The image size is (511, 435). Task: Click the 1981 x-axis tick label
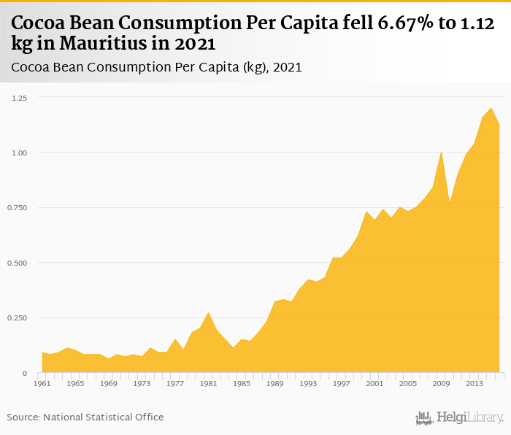[208, 382]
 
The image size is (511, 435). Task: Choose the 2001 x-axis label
[374, 382]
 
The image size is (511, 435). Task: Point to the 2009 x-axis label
[440, 382]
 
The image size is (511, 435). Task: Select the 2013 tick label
[473, 382]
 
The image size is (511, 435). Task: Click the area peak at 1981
[208, 313]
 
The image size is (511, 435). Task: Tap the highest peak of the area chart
[491, 109]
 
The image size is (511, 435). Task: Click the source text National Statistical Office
[104, 417]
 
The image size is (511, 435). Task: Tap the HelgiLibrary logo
[460, 417]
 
